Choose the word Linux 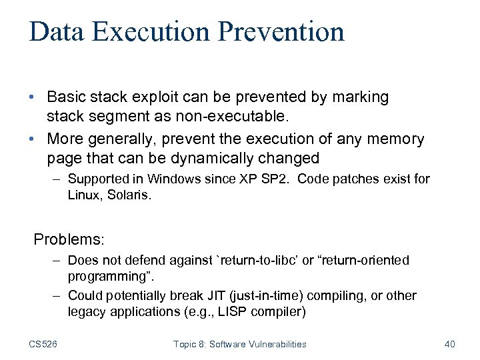click(83, 196)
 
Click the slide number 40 click(449, 344)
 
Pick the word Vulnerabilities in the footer click(275, 344)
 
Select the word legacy click(85, 311)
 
